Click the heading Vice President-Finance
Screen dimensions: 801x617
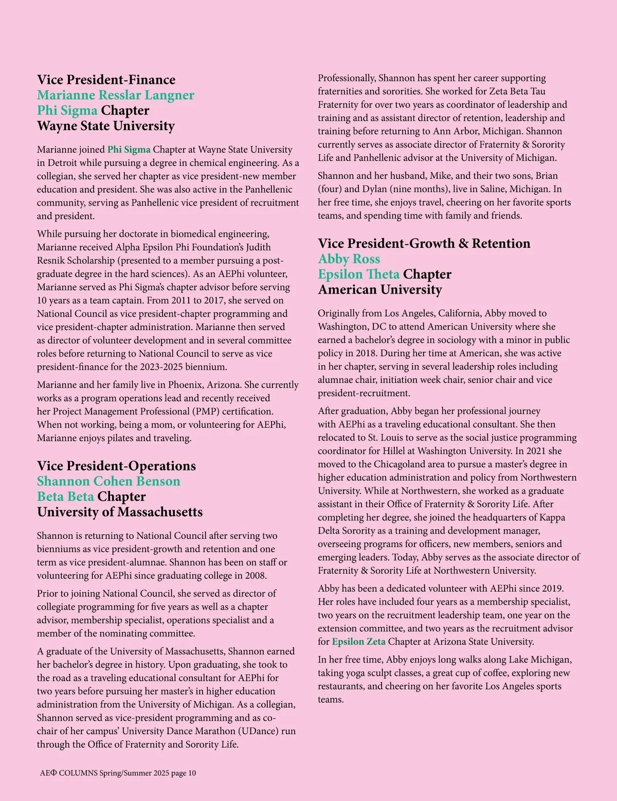(x=106, y=80)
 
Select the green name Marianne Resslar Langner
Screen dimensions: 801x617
(x=116, y=95)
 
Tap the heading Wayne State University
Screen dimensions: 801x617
(x=106, y=126)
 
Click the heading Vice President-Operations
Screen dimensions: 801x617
(x=116, y=466)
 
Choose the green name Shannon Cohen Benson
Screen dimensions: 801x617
(x=108, y=481)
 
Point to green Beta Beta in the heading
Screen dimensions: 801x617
(x=65, y=497)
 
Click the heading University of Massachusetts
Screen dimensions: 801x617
(x=120, y=512)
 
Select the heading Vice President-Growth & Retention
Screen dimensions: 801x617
(x=424, y=243)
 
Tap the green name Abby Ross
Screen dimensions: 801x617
(x=349, y=259)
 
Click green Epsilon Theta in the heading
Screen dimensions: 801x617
(x=358, y=274)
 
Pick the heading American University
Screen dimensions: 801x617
(x=380, y=289)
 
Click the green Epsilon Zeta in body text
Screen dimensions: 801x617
(x=358, y=642)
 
